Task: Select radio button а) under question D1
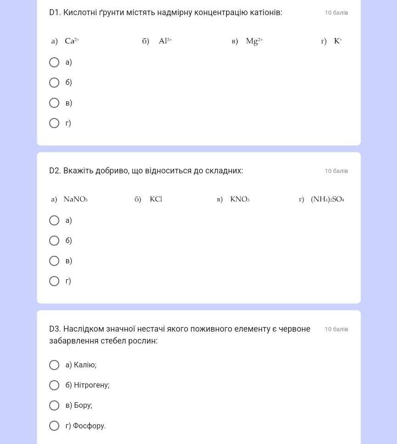54,62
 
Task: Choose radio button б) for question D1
54,83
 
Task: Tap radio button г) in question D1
54,123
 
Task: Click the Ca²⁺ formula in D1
72,41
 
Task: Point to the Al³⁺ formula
165,41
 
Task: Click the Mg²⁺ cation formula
254,41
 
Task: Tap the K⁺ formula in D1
338,41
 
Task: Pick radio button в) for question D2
54,261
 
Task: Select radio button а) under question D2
54,221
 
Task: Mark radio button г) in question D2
54,281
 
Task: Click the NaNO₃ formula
75,199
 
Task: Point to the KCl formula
156,199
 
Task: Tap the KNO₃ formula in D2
239,199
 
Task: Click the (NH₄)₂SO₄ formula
327,199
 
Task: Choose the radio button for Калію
54,365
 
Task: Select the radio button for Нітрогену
54,385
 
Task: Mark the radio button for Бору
54,405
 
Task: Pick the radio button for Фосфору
54,426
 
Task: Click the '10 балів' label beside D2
336,171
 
